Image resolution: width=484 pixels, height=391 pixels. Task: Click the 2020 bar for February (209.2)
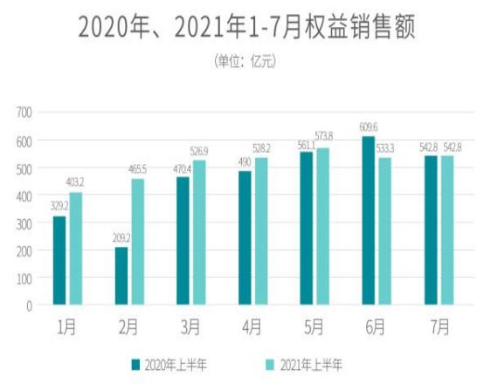tap(121, 276)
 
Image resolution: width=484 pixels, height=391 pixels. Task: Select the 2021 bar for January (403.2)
tap(76, 249)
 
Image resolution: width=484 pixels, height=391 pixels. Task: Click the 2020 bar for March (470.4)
tap(183, 240)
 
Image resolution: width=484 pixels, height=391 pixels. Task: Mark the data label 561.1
tap(304, 145)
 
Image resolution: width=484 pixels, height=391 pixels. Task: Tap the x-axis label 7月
tap(439, 327)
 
